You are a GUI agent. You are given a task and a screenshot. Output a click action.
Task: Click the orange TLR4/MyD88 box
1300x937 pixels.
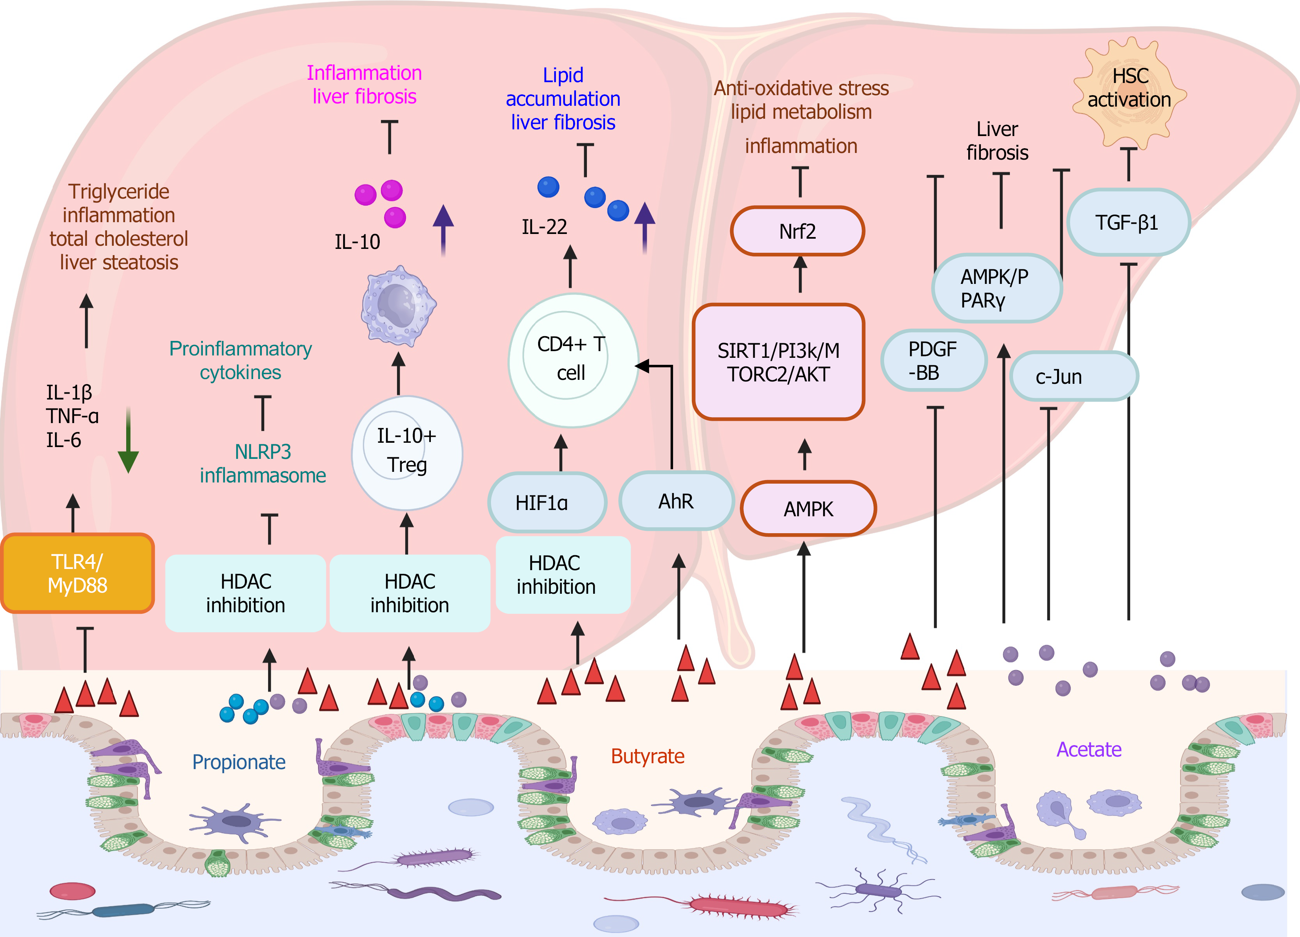(x=77, y=573)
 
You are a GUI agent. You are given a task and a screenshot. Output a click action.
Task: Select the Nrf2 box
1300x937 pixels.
(x=797, y=231)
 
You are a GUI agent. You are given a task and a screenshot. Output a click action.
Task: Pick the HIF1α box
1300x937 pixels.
(x=547, y=503)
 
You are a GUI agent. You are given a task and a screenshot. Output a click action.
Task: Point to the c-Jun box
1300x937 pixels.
(x=1074, y=377)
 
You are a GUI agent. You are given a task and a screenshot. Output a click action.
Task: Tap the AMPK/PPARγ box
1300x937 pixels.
(x=997, y=289)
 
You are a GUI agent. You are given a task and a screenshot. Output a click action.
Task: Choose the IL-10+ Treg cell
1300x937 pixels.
(x=406, y=453)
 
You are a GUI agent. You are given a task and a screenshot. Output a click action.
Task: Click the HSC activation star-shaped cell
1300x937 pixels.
(x=1129, y=92)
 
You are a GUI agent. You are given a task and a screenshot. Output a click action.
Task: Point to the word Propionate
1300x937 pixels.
(x=239, y=762)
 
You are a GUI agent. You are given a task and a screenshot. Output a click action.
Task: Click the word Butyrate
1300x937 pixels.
(x=648, y=757)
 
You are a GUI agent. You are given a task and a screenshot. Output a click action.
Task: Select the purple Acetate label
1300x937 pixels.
(x=1089, y=749)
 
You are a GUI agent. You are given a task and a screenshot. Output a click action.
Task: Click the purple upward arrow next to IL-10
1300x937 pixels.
(x=443, y=229)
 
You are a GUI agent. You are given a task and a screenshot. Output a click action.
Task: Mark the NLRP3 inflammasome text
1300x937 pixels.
(x=263, y=463)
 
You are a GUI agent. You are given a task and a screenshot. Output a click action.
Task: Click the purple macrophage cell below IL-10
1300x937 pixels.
(x=398, y=306)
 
